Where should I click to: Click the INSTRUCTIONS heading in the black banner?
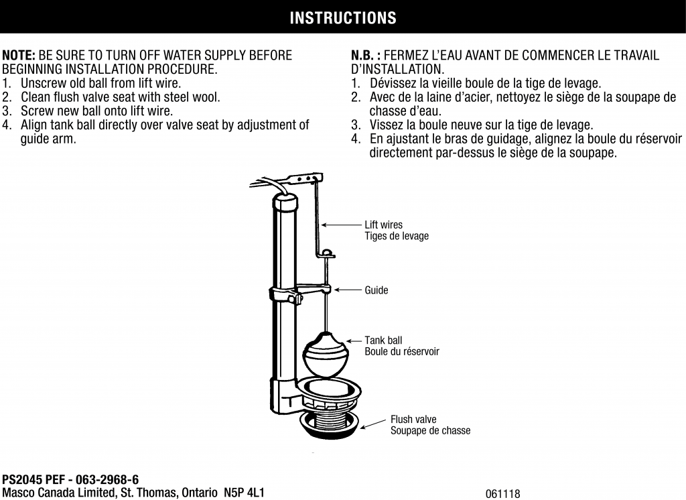pyautogui.click(x=342, y=18)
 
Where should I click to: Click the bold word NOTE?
pyautogui.click(x=20, y=55)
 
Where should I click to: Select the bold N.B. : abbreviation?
pyautogui.click(x=366, y=55)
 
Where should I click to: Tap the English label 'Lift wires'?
pyautogui.click(x=383, y=225)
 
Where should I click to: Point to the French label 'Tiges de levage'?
pyautogui.click(x=396, y=236)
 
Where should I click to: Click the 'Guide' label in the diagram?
pyautogui.click(x=376, y=290)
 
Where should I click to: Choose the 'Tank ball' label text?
pyautogui.click(x=383, y=340)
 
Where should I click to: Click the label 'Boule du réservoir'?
pyautogui.click(x=401, y=352)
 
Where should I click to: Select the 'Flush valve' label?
pyautogui.click(x=413, y=420)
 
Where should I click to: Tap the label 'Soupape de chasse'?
pyautogui.click(x=430, y=430)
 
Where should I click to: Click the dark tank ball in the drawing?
pyautogui.click(x=326, y=355)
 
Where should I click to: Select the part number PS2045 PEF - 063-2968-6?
pyautogui.click(x=70, y=480)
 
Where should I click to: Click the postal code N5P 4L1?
pyautogui.click(x=244, y=493)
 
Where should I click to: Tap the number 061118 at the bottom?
pyautogui.click(x=502, y=494)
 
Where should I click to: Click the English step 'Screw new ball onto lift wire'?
pyautogui.click(x=96, y=111)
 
